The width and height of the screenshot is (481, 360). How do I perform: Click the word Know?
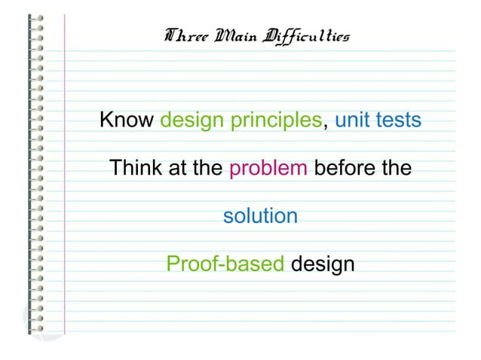tap(127, 121)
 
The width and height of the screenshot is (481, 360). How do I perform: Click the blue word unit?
tap(354, 121)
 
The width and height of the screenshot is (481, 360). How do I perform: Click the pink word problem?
tap(268, 169)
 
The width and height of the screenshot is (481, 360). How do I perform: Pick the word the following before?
tap(395, 168)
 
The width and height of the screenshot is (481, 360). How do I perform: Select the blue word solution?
tap(260, 216)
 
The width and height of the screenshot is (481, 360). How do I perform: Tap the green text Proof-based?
tap(225, 265)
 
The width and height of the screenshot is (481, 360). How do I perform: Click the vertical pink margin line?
tap(66, 181)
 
